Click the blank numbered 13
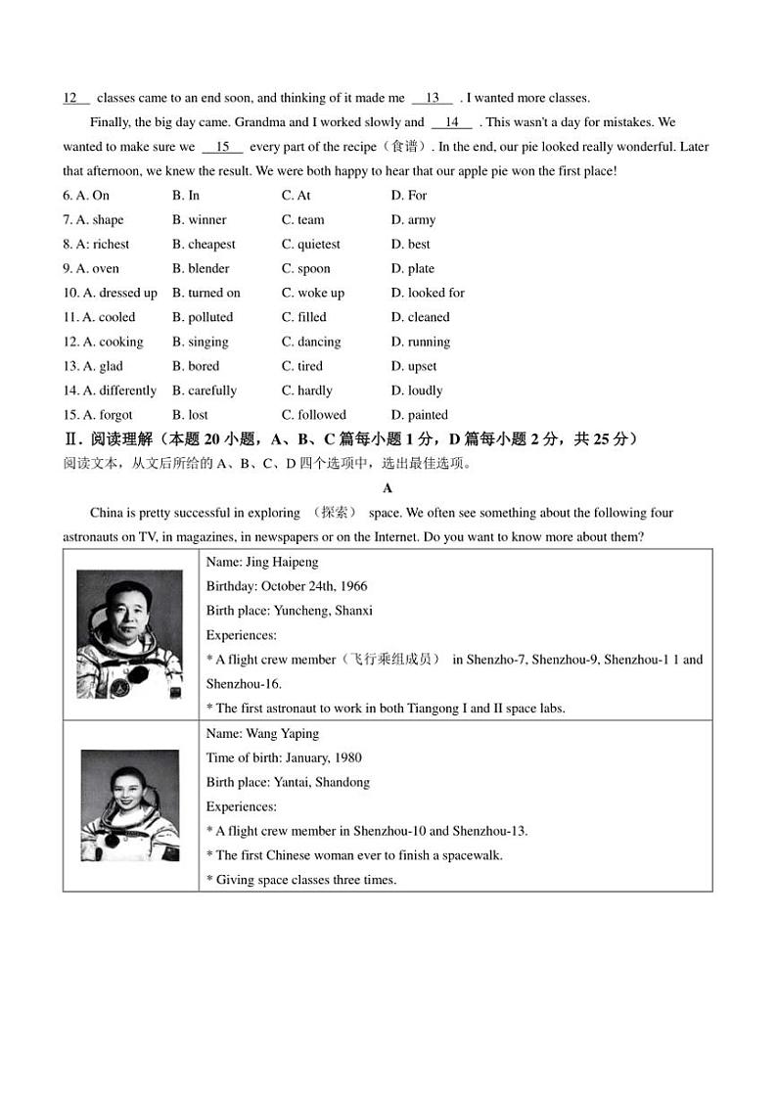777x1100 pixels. click(432, 98)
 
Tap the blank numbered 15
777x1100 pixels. click(222, 147)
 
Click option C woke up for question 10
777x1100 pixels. click(313, 293)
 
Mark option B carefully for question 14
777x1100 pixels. click(205, 390)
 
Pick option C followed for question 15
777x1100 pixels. click(314, 415)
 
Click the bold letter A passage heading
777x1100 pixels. click(388, 488)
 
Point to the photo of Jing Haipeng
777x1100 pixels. click(129, 634)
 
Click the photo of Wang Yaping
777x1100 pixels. click(129, 804)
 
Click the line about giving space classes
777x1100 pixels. click(301, 880)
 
